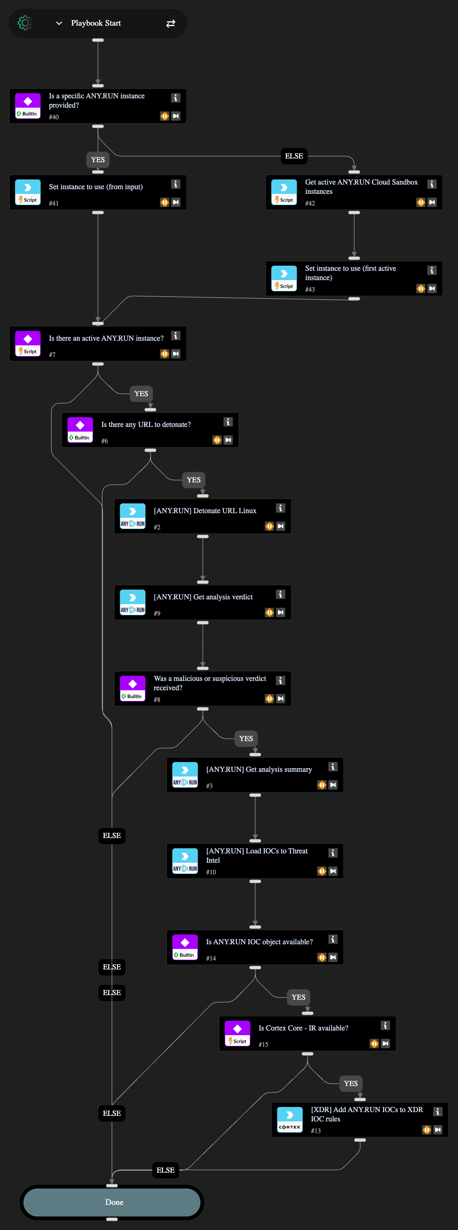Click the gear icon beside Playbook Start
(x=24, y=23)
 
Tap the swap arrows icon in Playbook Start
(x=171, y=23)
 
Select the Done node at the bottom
(x=112, y=1202)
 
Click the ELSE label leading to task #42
(x=294, y=156)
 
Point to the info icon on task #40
(x=176, y=98)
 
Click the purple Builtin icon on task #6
(x=80, y=430)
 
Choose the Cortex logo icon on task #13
(x=290, y=1120)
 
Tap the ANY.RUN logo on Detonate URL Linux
(x=133, y=516)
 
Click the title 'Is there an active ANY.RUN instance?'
(x=106, y=338)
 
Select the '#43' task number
(x=310, y=289)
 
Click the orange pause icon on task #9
(x=270, y=612)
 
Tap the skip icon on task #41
(x=176, y=202)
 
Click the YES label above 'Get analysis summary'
(x=246, y=739)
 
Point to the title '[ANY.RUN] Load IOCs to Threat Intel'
(x=257, y=856)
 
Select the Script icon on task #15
(x=238, y=1033)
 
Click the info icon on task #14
(x=333, y=939)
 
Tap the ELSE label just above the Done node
(x=165, y=1170)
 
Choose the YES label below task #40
(x=98, y=160)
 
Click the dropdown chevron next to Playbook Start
(x=59, y=23)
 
